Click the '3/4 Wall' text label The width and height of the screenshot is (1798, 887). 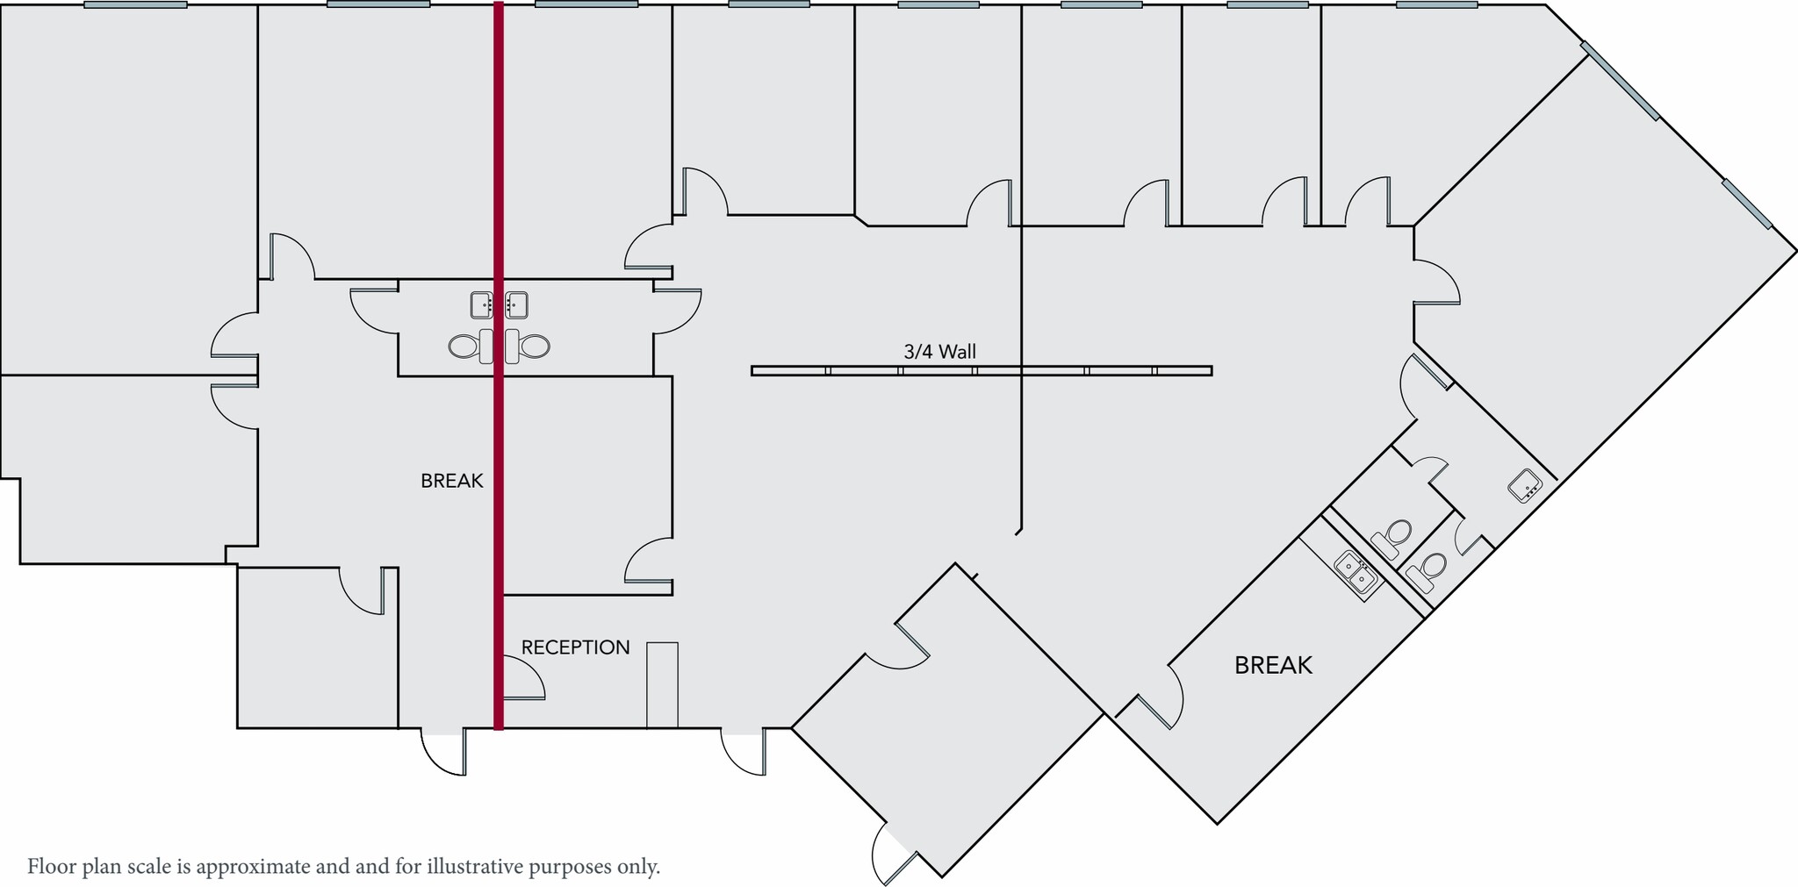coord(939,352)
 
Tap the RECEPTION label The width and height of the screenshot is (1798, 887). coord(575,647)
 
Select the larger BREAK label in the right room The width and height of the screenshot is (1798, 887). coord(1273,665)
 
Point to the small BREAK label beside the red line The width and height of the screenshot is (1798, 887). coord(451,481)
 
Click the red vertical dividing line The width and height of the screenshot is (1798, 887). coord(499,439)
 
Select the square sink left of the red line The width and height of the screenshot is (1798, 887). coord(481,304)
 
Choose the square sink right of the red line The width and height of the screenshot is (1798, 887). coord(516,304)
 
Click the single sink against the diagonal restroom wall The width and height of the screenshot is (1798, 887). coord(1526,485)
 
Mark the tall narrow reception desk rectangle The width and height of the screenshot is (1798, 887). coord(662,684)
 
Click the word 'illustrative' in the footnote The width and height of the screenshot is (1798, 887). coord(475,867)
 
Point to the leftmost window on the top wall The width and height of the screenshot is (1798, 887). coord(135,4)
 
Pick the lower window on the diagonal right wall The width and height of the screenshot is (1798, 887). coord(1746,204)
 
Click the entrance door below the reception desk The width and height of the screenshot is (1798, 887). coord(744,751)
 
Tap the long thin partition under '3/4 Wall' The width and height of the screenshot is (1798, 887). coord(982,371)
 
